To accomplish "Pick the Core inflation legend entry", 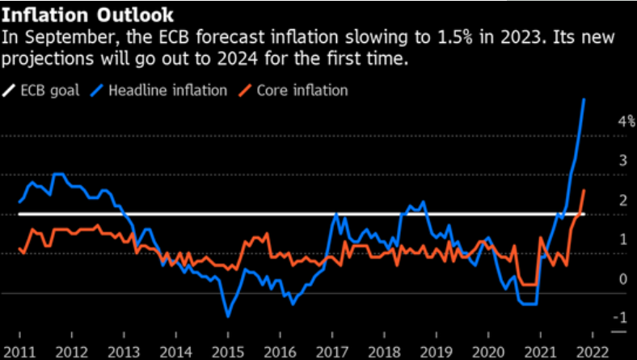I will point(301,90).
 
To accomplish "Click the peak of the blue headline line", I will point(584,99).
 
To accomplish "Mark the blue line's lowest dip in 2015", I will point(228,316).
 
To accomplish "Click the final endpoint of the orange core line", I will point(584,189).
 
